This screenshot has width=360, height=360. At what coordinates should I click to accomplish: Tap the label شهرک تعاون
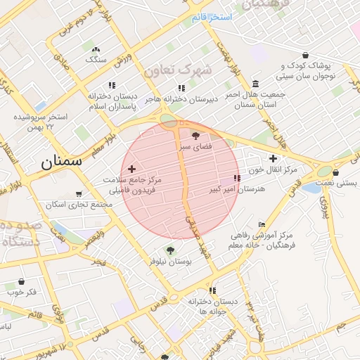(x=177, y=70)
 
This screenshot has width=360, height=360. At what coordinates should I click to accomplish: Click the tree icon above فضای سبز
(x=195, y=135)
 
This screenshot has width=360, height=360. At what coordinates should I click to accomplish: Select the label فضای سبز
(x=194, y=148)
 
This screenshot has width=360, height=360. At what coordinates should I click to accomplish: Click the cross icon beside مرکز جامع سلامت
(x=131, y=169)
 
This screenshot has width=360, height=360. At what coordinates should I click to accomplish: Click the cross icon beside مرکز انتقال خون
(x=273, y=158)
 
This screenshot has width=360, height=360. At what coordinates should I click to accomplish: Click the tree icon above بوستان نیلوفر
(x=169, y=249)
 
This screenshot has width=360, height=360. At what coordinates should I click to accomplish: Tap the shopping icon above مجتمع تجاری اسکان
(x=79, y=193)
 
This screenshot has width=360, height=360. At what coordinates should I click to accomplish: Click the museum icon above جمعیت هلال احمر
(x=255, y=82)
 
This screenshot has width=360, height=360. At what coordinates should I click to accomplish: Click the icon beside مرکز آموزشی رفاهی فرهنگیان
(x=262, y=224)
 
